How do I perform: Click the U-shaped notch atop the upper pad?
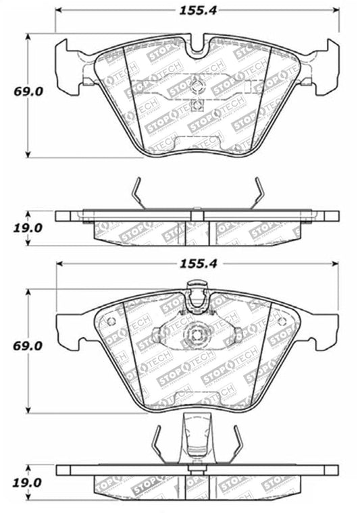tap(197, 47)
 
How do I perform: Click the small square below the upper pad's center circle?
tap(197, 104)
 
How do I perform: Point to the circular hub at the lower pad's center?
tap(197, 333)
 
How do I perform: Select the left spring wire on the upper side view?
tap(137, 192)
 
